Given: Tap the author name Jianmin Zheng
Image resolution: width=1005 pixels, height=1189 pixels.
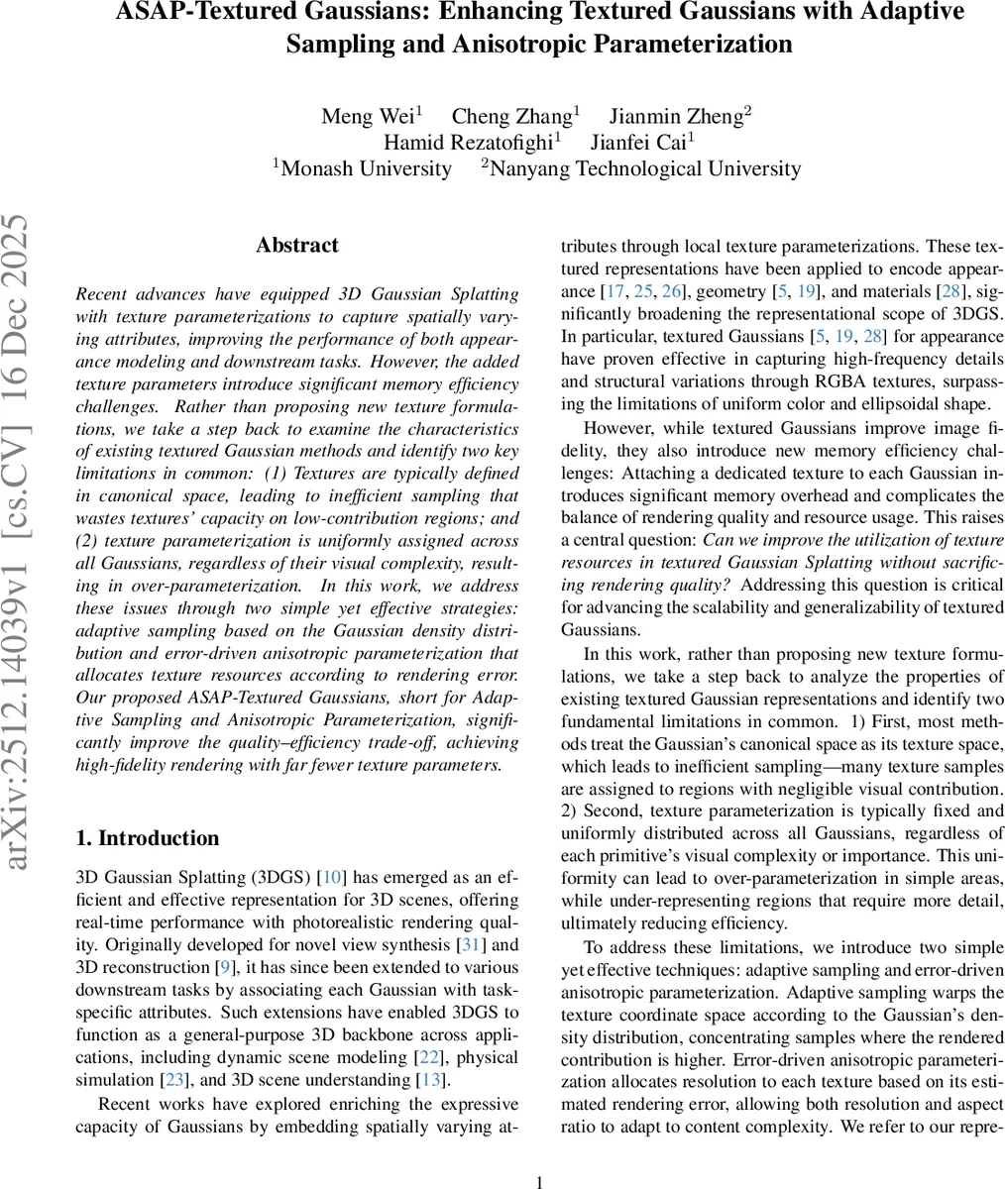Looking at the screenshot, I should [676, 117].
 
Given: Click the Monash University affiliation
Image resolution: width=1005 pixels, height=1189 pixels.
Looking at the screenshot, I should [366, 168].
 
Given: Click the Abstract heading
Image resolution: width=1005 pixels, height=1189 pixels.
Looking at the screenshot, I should [296, 246].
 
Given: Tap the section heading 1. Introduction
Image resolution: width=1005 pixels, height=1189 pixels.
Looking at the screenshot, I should [148, 838].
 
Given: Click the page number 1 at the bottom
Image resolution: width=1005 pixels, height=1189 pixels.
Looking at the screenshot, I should [539, 1181].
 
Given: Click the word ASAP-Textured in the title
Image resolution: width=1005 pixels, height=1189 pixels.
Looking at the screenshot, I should [194, 13].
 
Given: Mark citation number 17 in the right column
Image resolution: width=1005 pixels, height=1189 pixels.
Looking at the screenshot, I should [615, 292].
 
